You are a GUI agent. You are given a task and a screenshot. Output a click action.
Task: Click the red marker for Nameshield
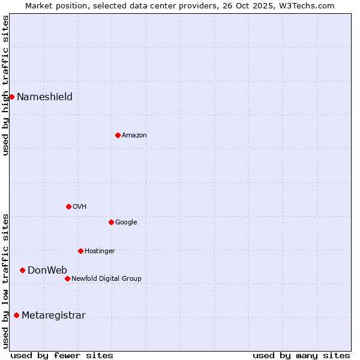11,97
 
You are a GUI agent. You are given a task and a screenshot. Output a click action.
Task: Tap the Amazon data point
118,135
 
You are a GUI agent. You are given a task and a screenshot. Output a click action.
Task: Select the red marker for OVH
68,206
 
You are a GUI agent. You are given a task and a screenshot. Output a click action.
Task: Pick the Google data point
111,222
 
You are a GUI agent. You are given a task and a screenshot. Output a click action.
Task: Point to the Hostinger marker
80,251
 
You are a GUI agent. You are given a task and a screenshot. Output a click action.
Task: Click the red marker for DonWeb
22,270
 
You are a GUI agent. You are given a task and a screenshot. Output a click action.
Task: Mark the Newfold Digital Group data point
67,278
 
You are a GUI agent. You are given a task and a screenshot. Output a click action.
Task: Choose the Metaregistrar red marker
16,315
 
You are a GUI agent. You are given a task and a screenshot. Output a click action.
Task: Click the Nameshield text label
44,97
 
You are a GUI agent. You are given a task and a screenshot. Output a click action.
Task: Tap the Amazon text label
134,136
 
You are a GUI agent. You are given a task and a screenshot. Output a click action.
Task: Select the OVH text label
80,207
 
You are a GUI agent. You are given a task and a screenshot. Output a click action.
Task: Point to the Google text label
126,223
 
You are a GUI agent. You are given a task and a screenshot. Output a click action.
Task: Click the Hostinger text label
100,251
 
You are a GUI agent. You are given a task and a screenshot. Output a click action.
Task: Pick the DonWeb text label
47,271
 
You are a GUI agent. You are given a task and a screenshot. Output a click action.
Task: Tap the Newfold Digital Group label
106,279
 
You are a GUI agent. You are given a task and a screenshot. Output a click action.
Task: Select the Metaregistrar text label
53,316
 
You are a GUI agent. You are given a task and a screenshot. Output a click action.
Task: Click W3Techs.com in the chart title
310,6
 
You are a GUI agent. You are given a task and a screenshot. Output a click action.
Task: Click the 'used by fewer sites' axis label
62,355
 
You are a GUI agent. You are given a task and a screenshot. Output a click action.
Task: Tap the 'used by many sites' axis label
301,355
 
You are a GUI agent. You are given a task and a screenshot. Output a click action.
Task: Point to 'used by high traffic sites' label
6,85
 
